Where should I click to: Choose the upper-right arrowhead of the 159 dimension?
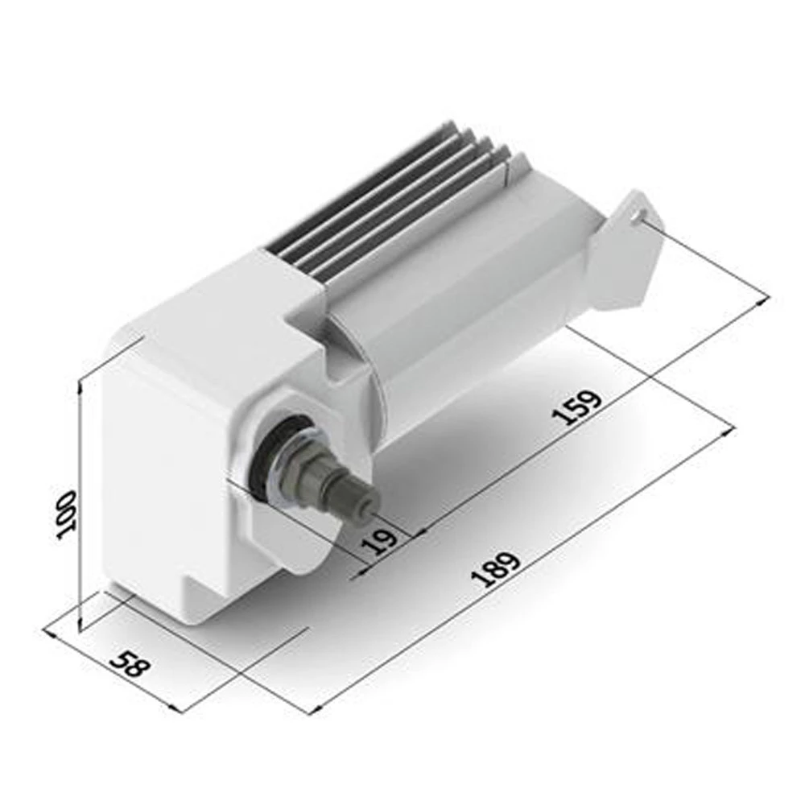click(765, 301)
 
